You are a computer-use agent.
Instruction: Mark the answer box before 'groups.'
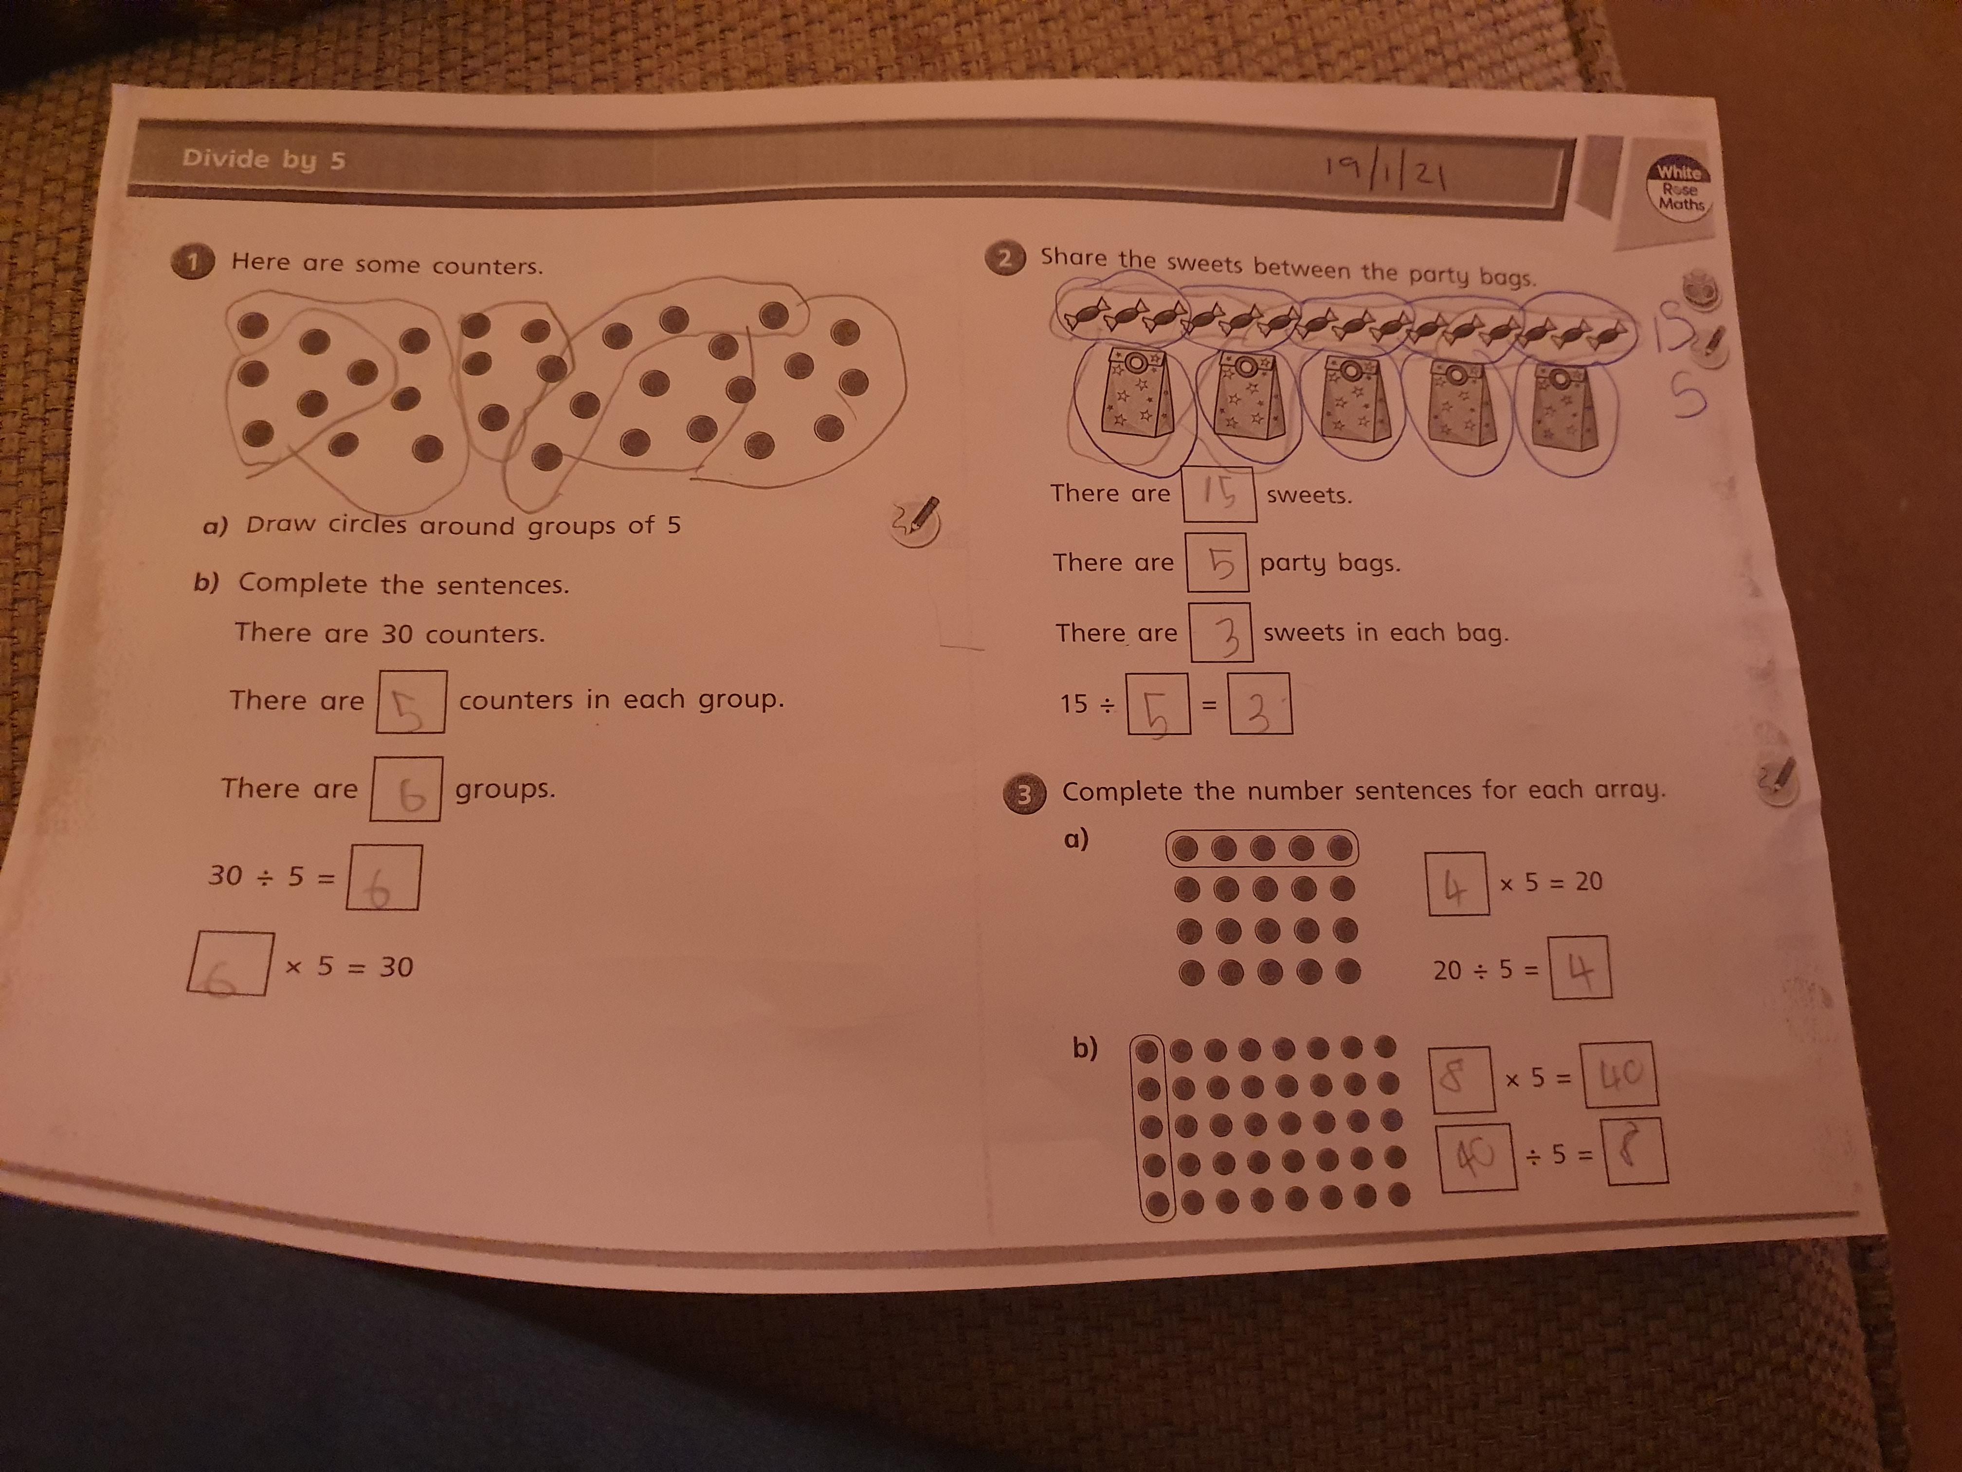[x=405, y=788]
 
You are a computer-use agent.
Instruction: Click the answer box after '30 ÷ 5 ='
[x=383, y=877]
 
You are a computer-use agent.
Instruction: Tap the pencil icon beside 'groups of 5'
[x=916, y=519]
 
